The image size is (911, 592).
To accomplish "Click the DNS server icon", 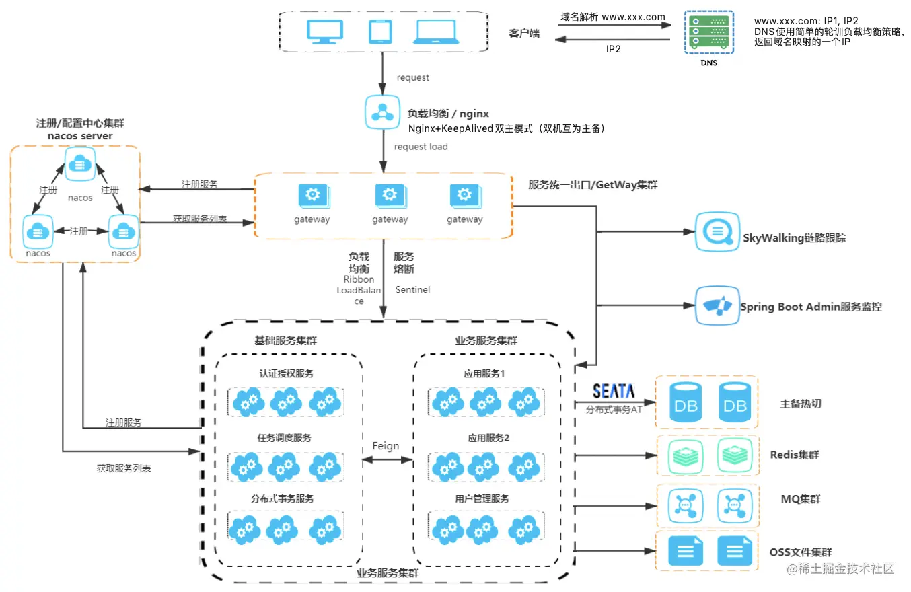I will coord(708,32).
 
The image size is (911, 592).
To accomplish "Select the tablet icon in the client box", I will coord(380,32).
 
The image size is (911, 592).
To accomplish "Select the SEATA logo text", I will coord(614,391).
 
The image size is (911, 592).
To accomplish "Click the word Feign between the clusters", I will coord(386,445).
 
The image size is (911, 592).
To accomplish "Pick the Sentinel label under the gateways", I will coord(412,289).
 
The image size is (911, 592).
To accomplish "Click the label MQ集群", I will coord(800,499).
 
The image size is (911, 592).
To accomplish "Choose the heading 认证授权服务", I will coord(286,373).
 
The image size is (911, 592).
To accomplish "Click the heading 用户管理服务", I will coord(482,498).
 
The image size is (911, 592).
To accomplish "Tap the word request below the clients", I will coord(412,77).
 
